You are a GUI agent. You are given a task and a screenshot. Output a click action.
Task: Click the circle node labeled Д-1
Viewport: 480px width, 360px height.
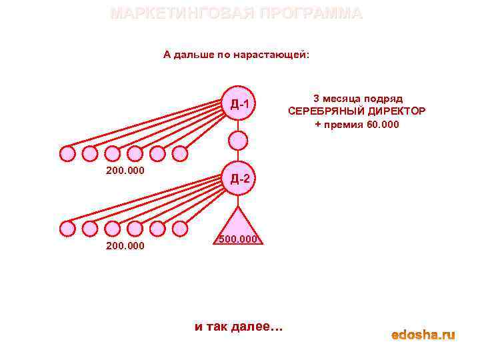[239, 104]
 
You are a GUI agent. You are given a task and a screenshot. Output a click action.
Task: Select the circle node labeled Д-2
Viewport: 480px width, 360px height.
[239, 178]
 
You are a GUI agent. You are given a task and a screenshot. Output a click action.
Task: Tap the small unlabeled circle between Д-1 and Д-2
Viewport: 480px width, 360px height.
[238, 141]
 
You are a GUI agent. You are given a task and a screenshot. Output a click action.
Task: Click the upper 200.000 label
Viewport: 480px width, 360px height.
[125, 171]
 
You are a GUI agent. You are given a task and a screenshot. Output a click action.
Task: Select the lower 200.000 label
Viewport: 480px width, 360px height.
[125, 245]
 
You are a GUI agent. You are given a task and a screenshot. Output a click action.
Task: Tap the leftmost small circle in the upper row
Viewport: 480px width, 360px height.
[67, 154]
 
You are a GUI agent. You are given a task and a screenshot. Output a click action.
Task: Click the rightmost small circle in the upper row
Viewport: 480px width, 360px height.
[179, 154]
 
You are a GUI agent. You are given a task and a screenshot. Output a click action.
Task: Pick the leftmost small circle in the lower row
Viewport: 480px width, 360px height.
[67, 229]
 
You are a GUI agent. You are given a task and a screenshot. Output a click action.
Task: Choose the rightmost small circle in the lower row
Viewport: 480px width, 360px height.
[179, 229]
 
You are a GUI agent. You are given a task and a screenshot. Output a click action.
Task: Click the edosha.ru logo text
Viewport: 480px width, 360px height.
[423, 335]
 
